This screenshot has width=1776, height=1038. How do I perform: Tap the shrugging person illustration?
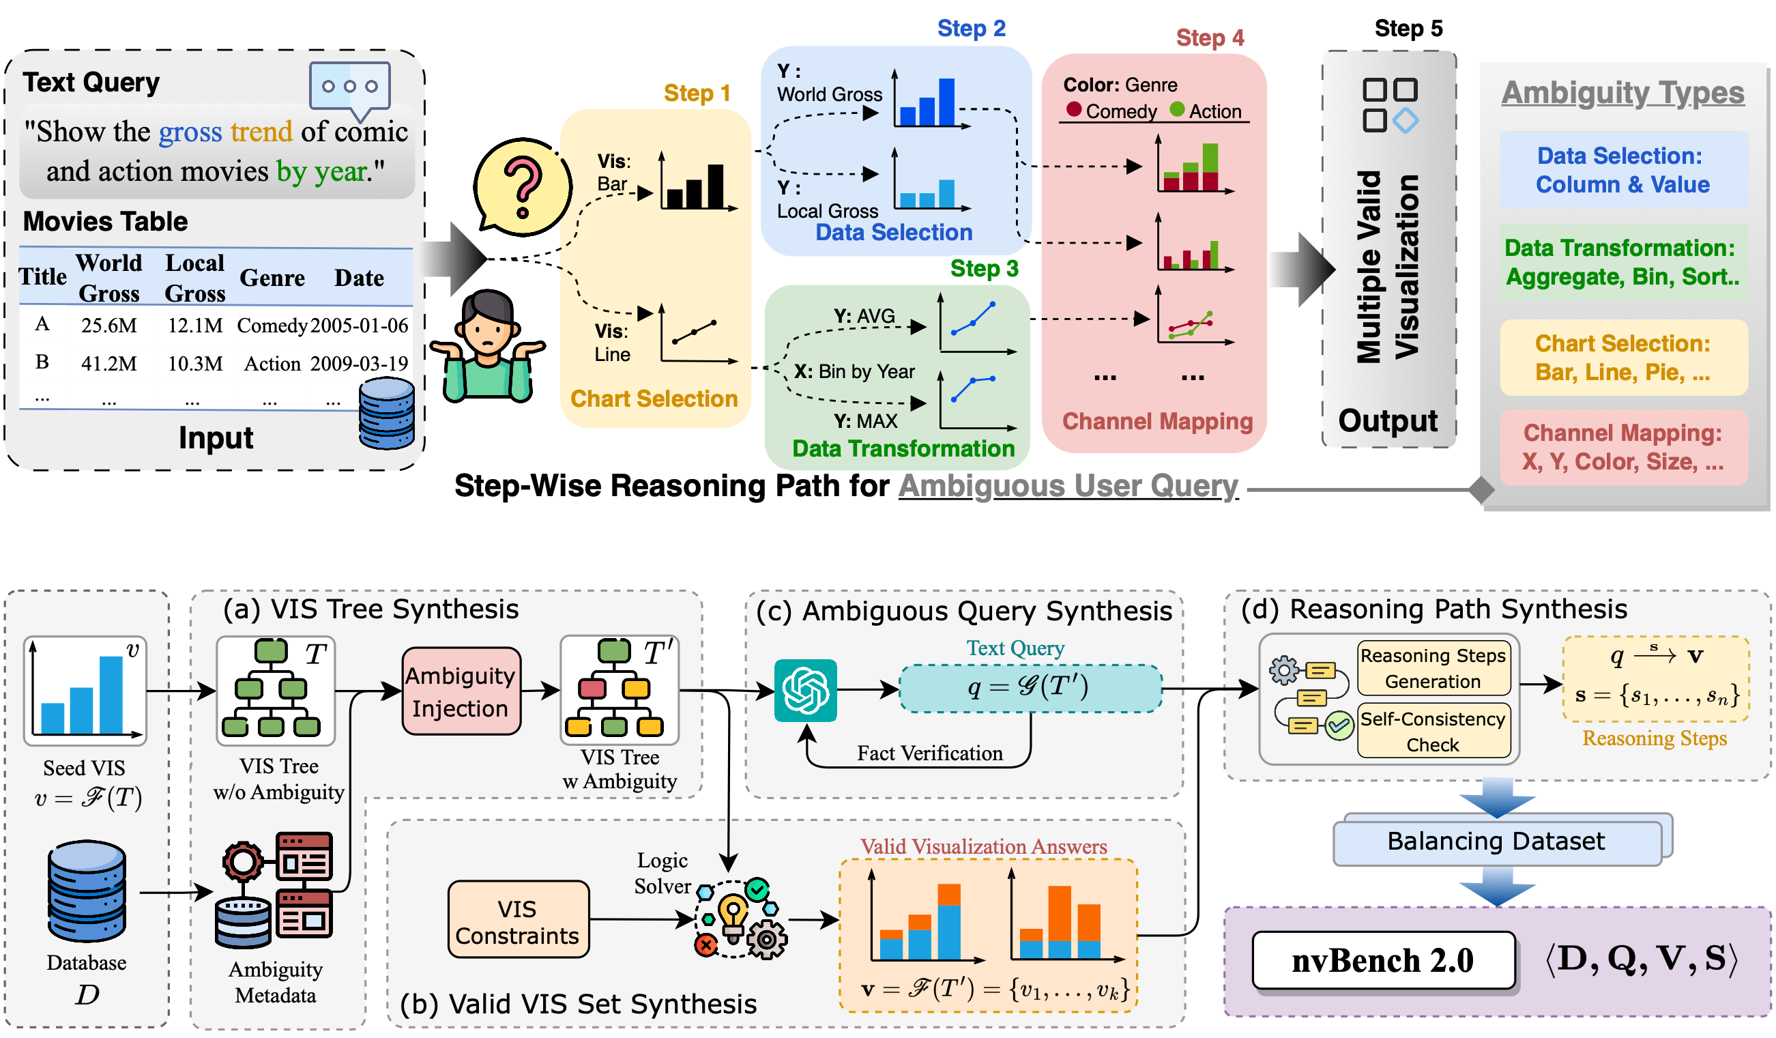click(488, 345)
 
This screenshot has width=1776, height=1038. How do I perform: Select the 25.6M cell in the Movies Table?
click(108, 325)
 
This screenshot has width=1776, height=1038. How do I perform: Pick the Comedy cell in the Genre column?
click(272, 325)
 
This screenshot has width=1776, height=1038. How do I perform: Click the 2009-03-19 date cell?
click(360, 363)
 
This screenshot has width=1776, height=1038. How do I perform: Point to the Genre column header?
click(272, 278)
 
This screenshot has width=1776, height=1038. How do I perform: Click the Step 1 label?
click(697, 93)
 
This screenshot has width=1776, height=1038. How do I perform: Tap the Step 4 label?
click(1210, 38)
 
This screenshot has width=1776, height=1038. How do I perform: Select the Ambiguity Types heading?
click(1622, 92)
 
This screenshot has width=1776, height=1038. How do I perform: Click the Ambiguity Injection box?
click(461, 691)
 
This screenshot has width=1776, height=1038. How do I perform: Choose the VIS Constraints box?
click(518, 921)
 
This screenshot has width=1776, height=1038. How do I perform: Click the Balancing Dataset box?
click(1496, 841)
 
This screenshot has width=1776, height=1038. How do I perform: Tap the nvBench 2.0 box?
click(1383, 960)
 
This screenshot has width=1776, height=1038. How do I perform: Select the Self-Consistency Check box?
click(1433, 731)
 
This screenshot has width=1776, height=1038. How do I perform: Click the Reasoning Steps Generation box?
click(1433, 668)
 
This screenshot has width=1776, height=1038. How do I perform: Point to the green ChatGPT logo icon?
click(806, 691)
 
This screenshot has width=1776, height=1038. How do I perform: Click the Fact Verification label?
click(929, 753)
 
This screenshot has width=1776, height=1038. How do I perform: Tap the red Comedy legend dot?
click(1074, 109)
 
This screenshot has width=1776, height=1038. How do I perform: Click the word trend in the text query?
click(261, 132)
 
